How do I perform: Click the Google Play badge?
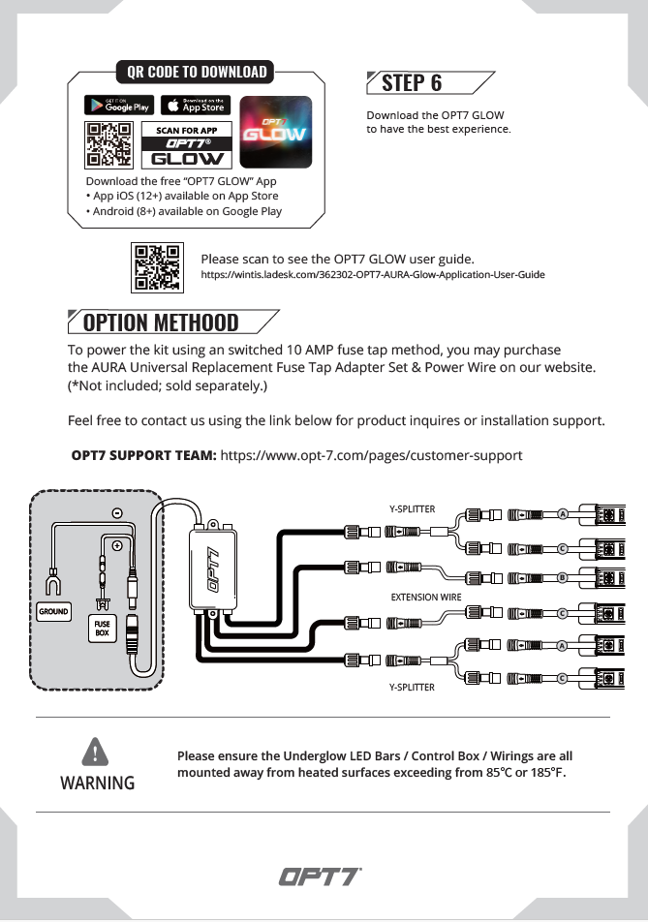pyautogui.click(x=118, y=106)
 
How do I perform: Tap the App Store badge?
pyautogui.click(x=196, y=106)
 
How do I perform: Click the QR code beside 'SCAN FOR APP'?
pyautogui.click(x=109, y=145)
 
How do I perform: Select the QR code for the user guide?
pyautogui.click(x=156, y=267)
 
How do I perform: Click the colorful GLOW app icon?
pyautogui.click(x=275, y=132)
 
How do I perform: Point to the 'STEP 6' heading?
pyautogui.click(x=412, y=82)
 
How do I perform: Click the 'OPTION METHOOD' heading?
pyautogui.click(x=161, y=322)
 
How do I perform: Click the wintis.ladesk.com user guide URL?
pyautogui.click(x=373, y=275)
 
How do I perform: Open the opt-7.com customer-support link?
pyautogui.click(x=372, y=454)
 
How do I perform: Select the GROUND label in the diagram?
pyautogui.click(x=53, y=612)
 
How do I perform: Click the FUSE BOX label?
pyautogui.click(x=102, y=630)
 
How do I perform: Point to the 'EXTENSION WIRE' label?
pyautogui.click(x=426, y=598)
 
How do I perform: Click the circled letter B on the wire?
pyautogui.click(x=562, y=577)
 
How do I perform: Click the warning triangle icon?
pyautogui.click(x=95, y=751)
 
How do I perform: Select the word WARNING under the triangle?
pyautogui.click(x=97, y=783)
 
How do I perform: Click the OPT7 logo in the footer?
pyautogui.click(x=321, y=877)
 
